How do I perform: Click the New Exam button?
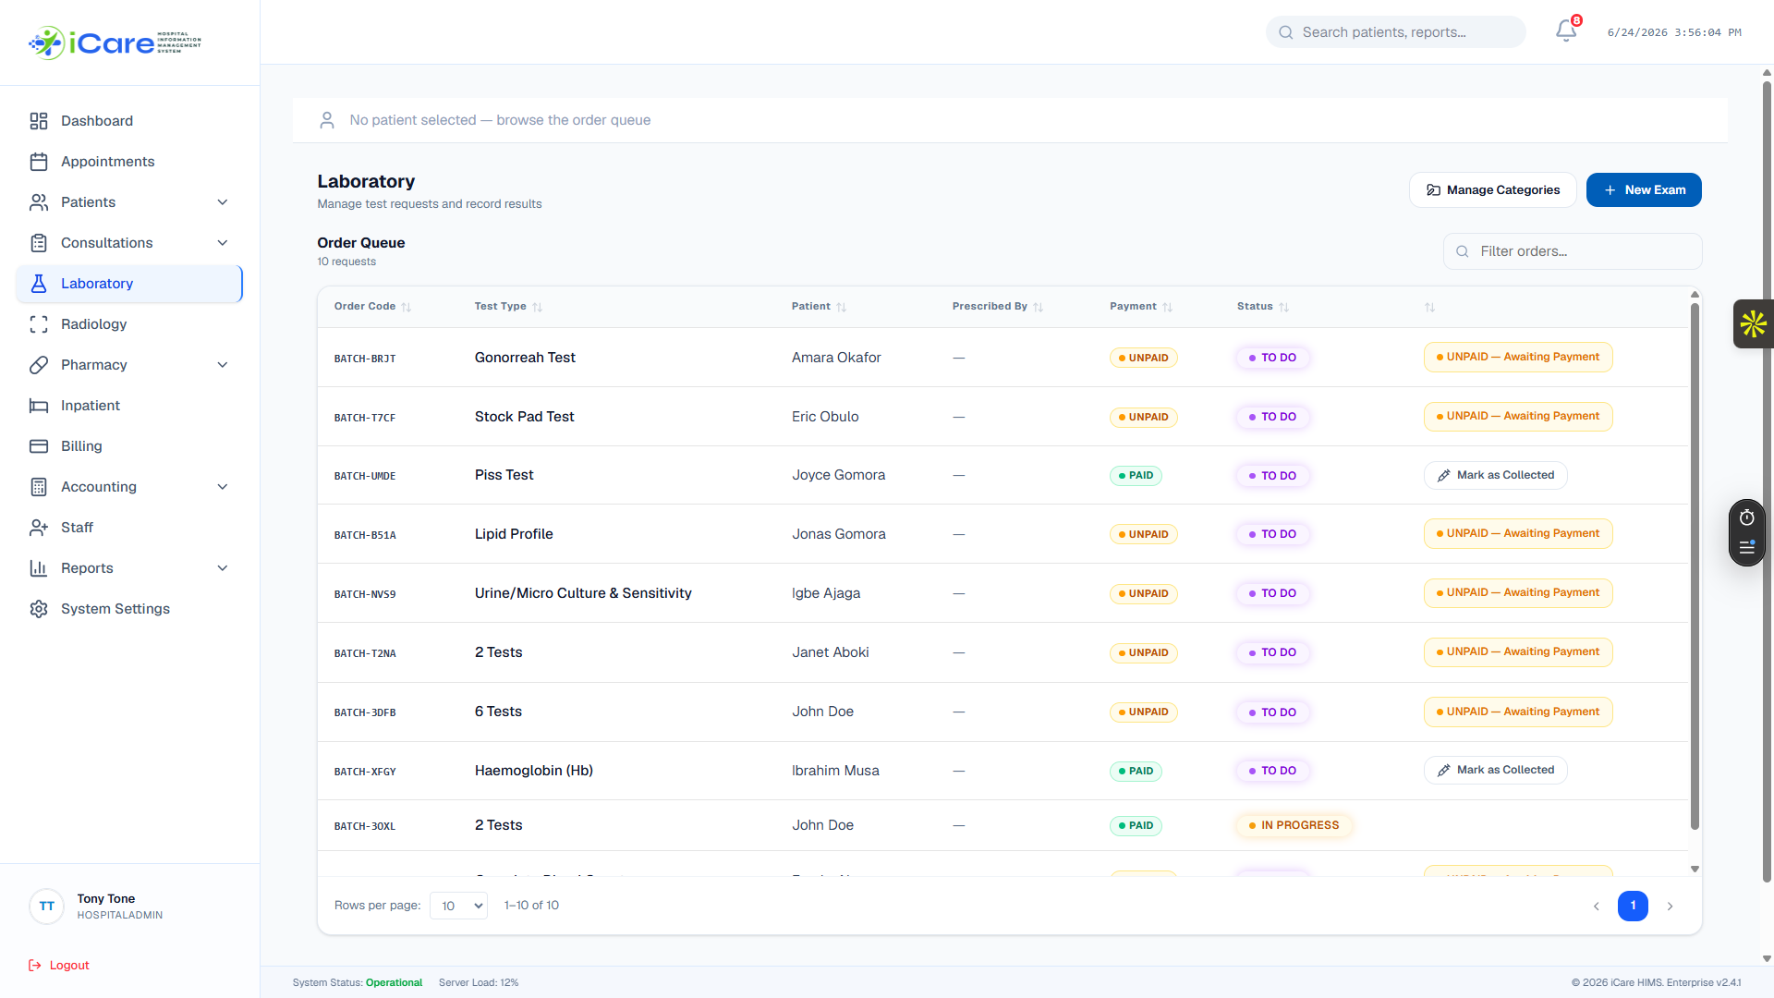coord(1644,190)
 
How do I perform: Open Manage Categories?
coord(1493,190)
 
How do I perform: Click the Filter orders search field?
coord(1573,251)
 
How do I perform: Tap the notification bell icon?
coord(1566,31)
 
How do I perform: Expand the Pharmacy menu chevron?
coord(223,365)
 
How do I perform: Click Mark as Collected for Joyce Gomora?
coord(1495,476)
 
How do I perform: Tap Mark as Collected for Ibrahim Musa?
coord(1495,771)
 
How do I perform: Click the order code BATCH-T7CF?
coord(365,418)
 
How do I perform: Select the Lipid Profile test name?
coord(514,534)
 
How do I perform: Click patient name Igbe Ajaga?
coord(826,593)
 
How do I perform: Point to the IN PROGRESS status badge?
coord(1294,826)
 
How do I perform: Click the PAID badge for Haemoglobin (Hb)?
coord(1136,772)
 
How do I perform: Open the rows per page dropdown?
coord(458,907)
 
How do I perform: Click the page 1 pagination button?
coord(1633,907)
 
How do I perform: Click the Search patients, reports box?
coord(1395,32)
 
